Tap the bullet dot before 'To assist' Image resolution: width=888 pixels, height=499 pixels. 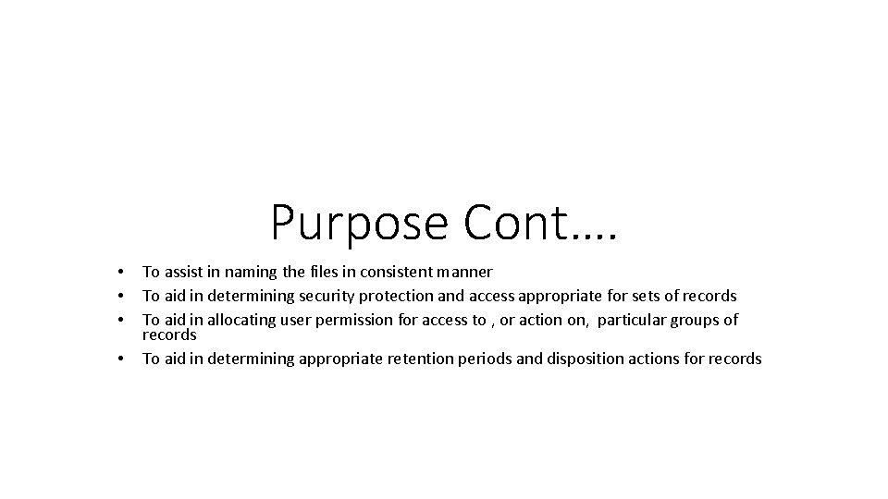click(121, 272)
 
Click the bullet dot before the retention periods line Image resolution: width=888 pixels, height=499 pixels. click(121, 359)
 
